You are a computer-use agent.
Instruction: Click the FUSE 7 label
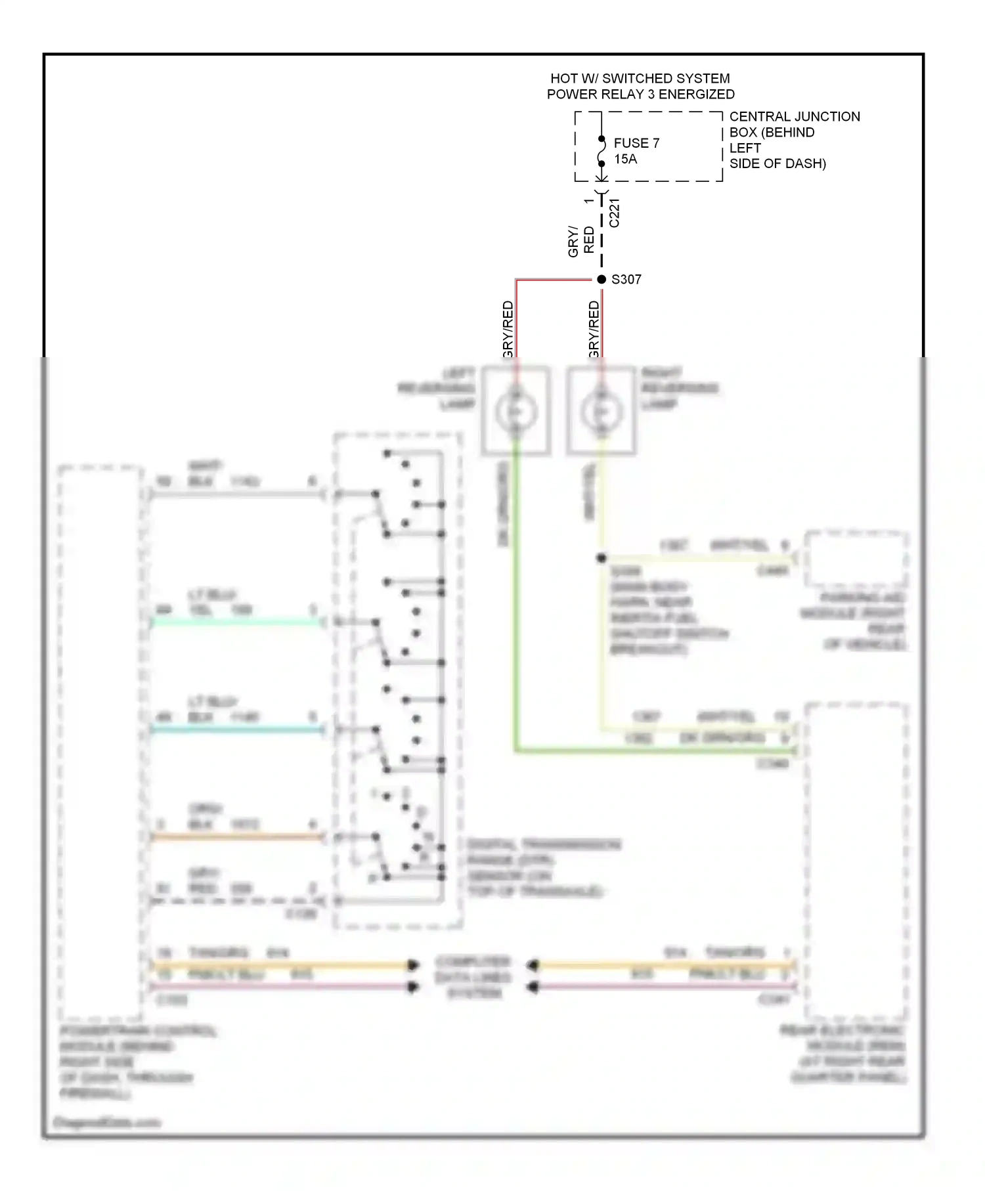click(636, 143)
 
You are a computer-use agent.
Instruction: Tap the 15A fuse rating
click(625, 159)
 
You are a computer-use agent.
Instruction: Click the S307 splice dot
click(602, 280)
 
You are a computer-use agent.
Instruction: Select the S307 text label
click(626, 280)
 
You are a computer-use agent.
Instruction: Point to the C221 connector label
click(615, 213)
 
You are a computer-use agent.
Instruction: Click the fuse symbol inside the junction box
click(602, 152)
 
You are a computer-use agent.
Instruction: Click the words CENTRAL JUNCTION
click(795, 117)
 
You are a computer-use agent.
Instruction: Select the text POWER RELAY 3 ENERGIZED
click(640, 95)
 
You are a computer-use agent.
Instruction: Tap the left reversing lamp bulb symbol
click(516, 412)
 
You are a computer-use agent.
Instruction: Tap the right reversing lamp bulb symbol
click(601, 412)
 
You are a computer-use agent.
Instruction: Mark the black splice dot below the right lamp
click(602, 558)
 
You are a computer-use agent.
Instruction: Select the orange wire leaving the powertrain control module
click(236, 837)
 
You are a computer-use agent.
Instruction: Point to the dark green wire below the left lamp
click(516, 624)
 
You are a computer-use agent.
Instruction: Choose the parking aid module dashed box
click(856, 559)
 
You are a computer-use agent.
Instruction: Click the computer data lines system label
click(473, 977)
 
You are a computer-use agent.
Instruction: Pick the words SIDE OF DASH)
click(777, 164)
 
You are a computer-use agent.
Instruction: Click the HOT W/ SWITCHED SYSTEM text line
click(640, 79)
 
